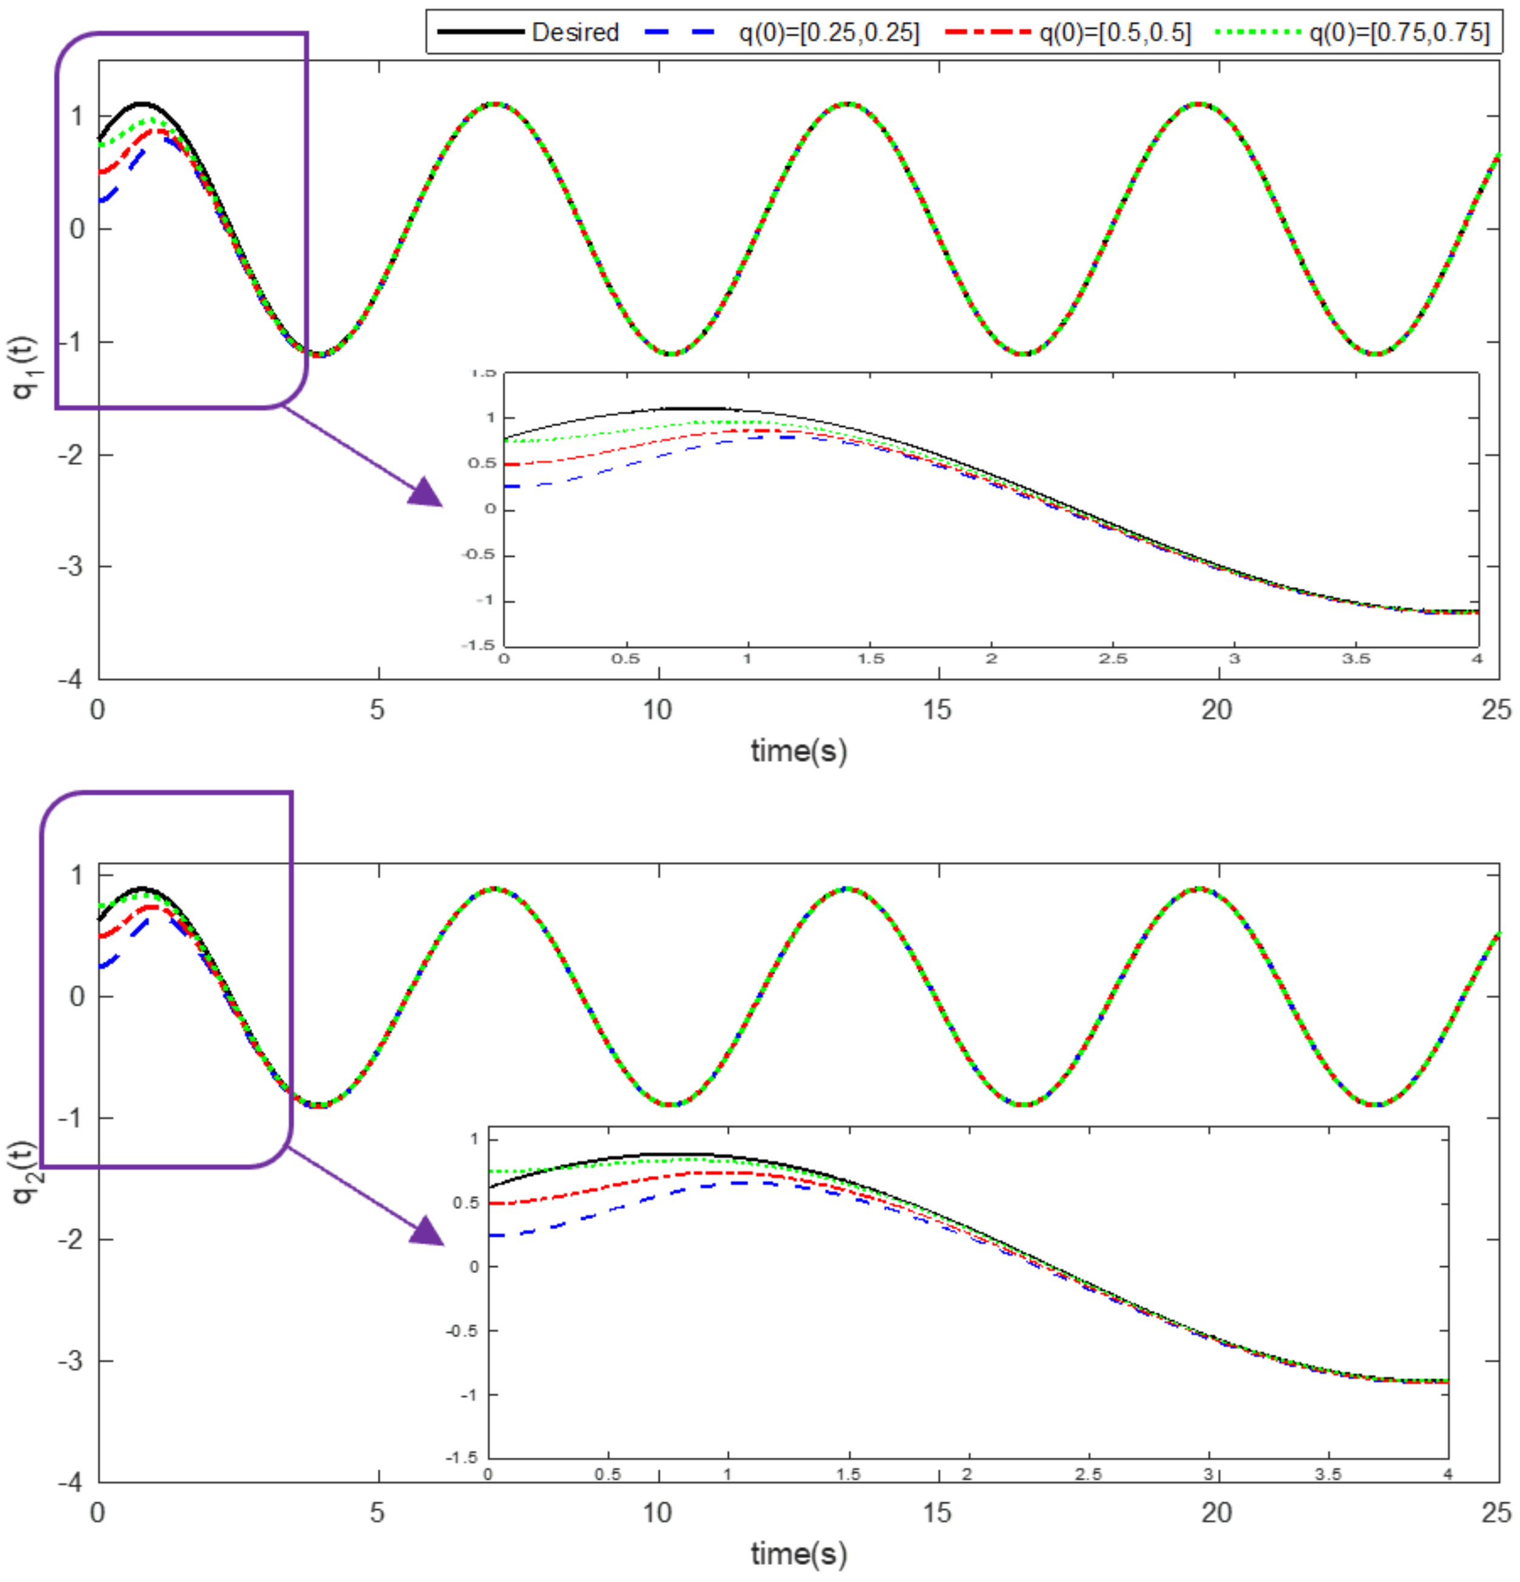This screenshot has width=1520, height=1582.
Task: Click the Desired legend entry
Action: (574, 32)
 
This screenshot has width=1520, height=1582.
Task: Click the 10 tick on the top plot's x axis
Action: (658, 710)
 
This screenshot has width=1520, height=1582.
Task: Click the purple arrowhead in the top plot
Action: (426, 492)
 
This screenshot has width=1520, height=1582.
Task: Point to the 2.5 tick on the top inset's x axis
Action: (1113, 659)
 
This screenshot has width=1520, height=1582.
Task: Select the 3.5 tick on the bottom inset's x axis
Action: (1328, 1475)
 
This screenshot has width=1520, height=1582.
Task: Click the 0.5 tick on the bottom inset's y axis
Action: (466, 1203)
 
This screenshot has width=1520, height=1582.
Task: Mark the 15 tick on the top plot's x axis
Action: (937, 710)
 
